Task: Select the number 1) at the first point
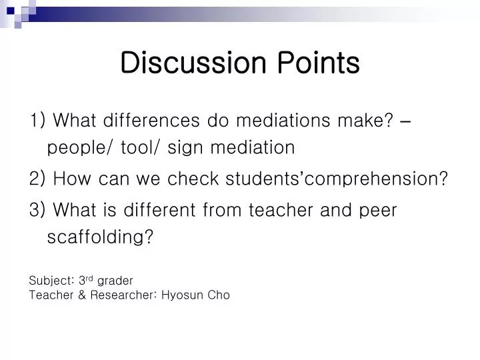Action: click(x=38, y=121)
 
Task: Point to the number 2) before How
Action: click(x=38, y=179)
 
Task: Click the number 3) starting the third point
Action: click(x=38, y=211)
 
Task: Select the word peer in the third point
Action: click(x=377, y=211)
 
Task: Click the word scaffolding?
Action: click(x=101, y=238)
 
